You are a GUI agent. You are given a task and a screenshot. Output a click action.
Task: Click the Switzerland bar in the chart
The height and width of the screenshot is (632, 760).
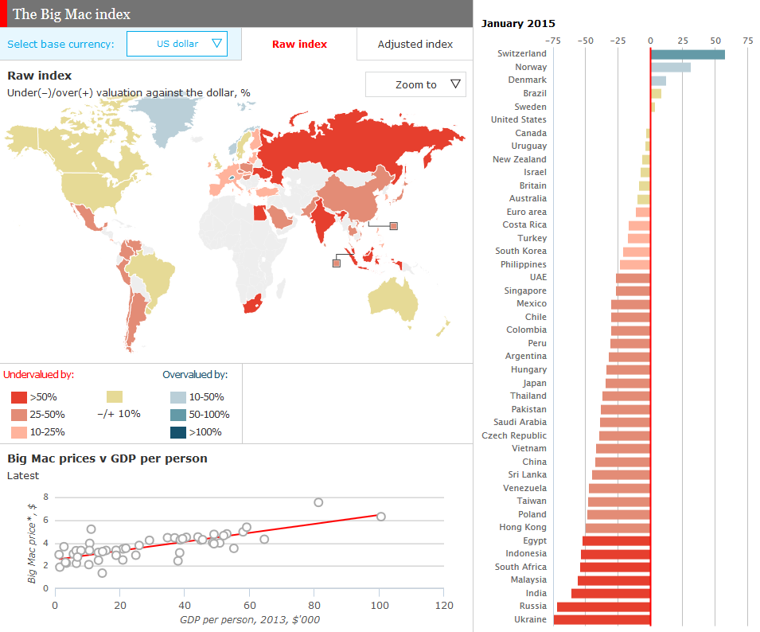pos(688,54)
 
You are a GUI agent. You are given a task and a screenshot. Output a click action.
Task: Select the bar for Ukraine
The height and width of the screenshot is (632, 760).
pos(602,619)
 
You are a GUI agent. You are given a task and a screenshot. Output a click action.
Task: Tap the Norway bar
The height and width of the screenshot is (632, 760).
pos(670,68)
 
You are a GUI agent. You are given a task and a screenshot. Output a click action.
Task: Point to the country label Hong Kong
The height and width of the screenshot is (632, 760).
pos(523,527)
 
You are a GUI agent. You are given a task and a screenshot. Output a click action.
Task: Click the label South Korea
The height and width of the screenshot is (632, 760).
pos(520,251)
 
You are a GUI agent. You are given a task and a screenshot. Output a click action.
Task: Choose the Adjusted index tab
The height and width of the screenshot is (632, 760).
pos(415,44)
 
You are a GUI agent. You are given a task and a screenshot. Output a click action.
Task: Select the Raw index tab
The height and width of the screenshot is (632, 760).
pos(299,44)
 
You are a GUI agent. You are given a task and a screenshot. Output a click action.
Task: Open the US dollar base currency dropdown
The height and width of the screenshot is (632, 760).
pos(177,44)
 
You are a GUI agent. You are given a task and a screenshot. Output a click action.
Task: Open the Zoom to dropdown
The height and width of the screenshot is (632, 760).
pos(415,84)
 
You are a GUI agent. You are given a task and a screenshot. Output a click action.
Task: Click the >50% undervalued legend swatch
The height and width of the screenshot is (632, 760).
pos(18,396)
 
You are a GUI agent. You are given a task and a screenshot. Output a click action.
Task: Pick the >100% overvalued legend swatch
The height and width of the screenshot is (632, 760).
pos(177,432)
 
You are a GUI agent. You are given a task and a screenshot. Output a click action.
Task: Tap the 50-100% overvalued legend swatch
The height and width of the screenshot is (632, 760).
pos(177,415)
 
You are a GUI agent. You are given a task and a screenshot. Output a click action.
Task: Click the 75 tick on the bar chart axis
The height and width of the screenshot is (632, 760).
pos(747,40)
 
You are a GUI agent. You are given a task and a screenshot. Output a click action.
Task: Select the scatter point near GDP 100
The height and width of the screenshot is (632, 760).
pos(380,517)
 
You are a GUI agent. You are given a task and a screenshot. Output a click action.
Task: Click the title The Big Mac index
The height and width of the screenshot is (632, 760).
pos(72,14)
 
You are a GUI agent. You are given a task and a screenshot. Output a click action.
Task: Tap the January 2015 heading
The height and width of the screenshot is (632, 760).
pos(518,23)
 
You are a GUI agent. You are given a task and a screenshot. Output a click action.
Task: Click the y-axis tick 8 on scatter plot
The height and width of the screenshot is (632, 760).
pos(45,497)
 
